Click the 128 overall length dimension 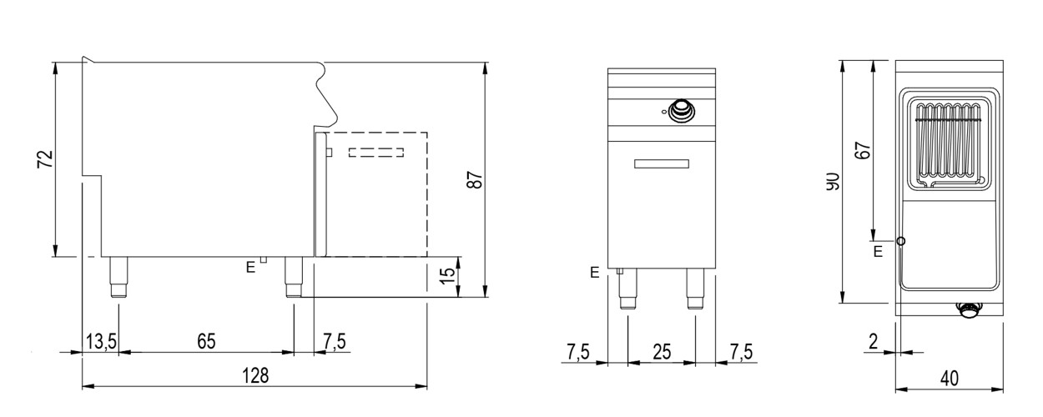pos(255,375)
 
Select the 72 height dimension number pos(46,159)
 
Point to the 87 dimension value pos(475,180)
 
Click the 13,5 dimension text pos(102,342)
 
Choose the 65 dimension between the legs pos(206,342)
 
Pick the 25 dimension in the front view pos(662,352)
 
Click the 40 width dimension pos(950,379)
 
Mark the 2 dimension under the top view pos(874,342)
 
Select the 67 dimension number pos(864,151)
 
